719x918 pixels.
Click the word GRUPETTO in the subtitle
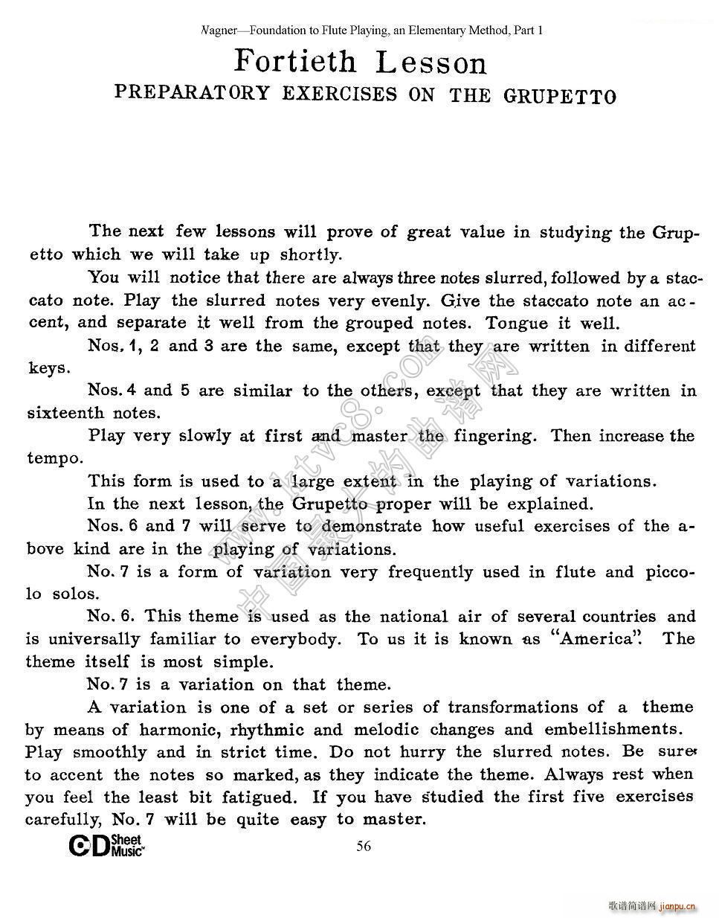pyautogui.click(x=559, y=96)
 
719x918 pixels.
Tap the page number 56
pyautogui.click(x=364, y=846)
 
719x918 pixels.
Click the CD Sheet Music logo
pyautogui.click(x=106, y=847)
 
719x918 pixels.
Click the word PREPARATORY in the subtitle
pyautogui.click(x=192, y=93)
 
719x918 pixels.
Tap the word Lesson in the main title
pyautogui.click(x=431, y=62)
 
